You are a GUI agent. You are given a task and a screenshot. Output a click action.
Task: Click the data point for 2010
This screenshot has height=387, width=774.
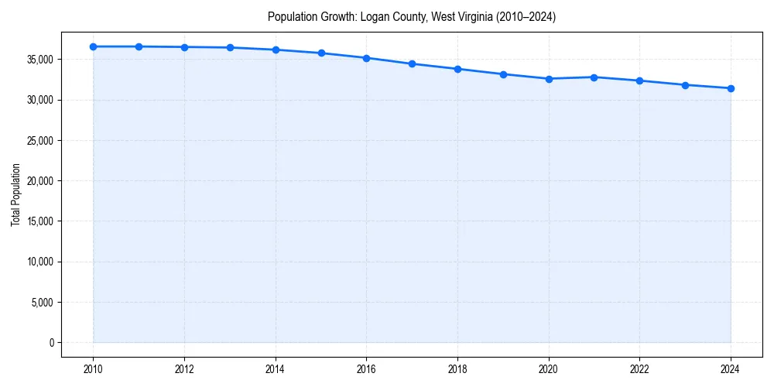[93, 46]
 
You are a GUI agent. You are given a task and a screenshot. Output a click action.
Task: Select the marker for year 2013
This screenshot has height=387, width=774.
[230, 47]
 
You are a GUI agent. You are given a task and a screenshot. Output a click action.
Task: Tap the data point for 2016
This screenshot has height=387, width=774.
[366, 58]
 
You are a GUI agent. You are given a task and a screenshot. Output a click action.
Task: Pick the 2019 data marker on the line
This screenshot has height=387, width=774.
[503, 74]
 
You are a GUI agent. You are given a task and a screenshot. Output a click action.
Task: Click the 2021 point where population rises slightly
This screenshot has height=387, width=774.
[594, 77]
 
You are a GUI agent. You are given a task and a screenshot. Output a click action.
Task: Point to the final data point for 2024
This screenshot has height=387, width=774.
[731, 88]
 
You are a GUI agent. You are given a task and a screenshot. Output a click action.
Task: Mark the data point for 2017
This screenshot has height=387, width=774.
[412, 63]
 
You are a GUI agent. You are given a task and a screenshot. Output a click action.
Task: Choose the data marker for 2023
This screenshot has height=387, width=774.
[685, 85]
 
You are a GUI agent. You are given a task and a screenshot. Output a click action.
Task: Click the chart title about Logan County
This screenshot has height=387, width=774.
[412, 16]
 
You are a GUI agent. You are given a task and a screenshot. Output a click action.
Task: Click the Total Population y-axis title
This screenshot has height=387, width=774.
[15, 194]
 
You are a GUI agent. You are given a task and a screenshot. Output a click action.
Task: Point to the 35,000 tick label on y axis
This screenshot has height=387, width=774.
[39, 60]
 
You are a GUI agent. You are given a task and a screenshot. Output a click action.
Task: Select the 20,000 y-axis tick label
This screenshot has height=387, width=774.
[39, 181]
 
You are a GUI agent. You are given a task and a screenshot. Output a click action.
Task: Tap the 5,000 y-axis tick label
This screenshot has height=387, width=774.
[41, 302]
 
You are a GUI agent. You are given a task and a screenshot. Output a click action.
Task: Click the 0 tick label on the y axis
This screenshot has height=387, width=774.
[51, 342]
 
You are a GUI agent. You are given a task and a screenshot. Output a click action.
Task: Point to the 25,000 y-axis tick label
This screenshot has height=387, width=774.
[39, 141]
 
